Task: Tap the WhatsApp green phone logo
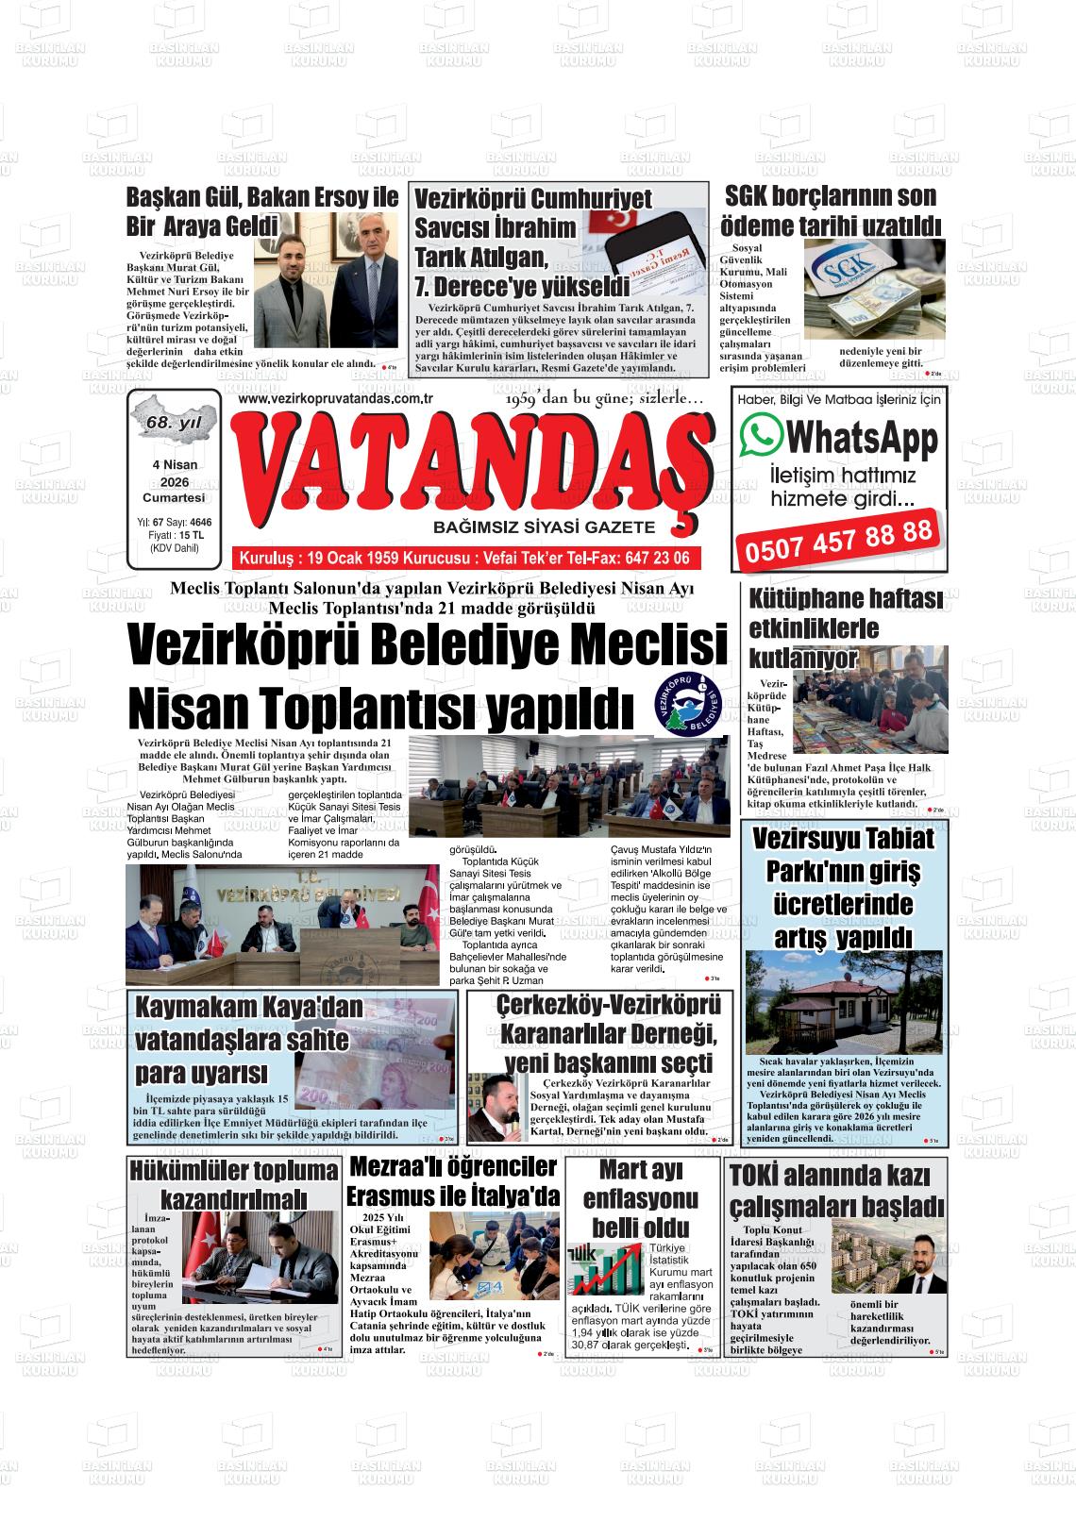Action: point(762,436)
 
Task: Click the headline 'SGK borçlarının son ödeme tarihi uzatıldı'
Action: point(831,211)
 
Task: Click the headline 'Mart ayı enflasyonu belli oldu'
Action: point(642,1198)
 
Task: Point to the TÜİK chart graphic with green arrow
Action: point(604,1269)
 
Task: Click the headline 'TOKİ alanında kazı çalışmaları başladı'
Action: point(836,1191)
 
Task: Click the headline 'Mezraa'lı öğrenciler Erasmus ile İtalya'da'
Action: point(453,1180)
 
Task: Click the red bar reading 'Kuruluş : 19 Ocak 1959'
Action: point(464,558)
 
